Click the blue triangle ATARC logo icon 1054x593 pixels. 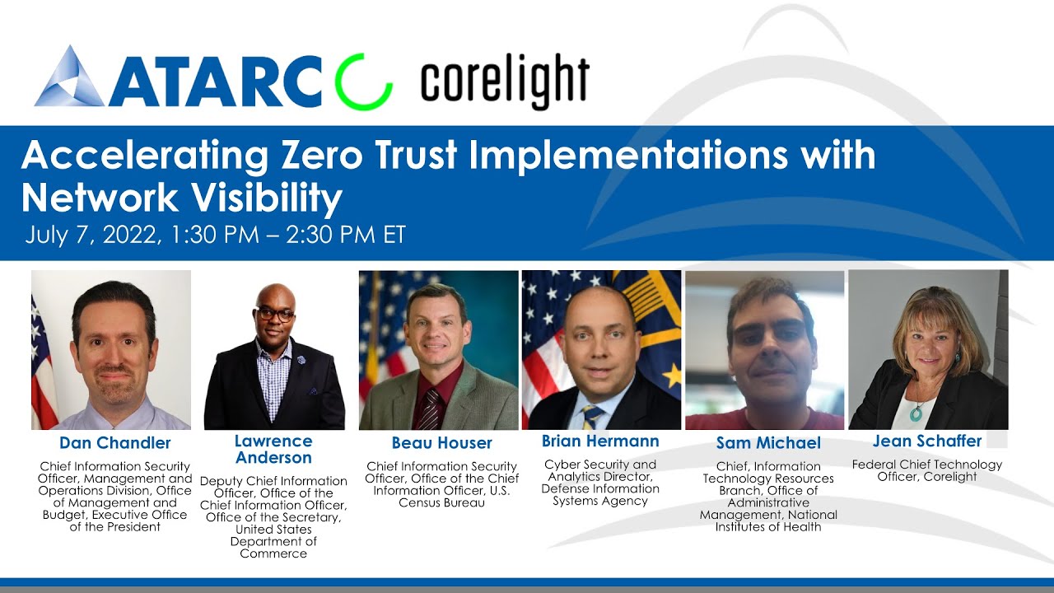[69, 77]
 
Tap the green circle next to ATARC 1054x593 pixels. [363, 82]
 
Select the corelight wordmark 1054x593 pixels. [505, 82]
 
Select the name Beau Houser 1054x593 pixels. [441, 443]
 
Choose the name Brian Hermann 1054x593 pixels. [600, 441]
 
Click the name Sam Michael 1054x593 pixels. [768, 443]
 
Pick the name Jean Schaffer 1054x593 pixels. [927, 441]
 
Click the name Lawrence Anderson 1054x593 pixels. [273, 450]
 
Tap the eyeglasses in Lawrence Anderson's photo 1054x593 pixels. [275, 315]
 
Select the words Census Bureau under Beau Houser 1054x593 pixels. [441, 502]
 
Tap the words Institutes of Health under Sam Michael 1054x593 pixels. [768, 527]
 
